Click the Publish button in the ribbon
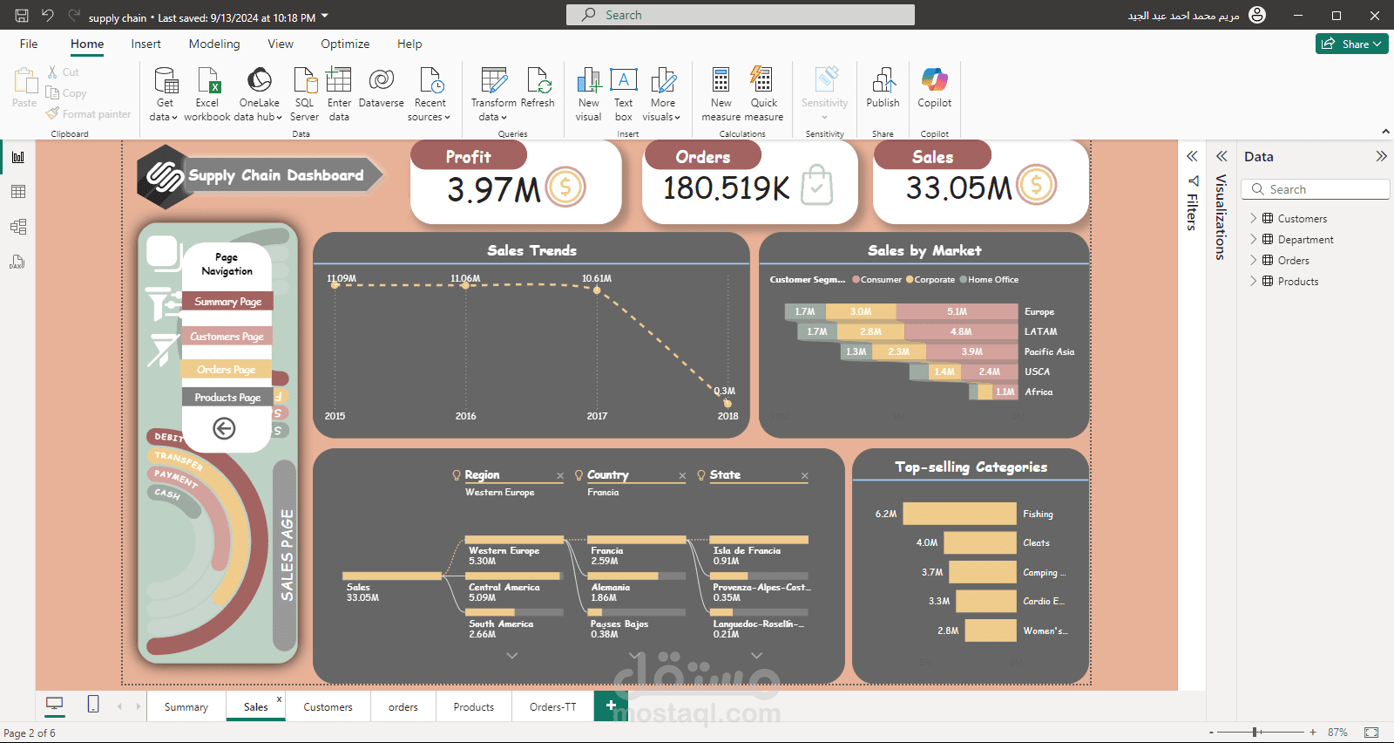(883, 89)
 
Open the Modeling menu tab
(214, 44)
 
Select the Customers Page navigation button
(227, 337)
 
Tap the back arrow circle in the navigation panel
(224, 428)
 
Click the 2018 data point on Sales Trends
(727, 403)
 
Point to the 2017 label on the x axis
(597, 416)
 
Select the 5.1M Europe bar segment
(957, 311)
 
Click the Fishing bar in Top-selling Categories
(959, 514)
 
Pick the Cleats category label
(1036, 543)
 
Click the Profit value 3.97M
(493, 189)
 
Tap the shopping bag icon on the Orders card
(816, 185)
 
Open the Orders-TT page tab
(552, 707)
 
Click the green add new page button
(611, 706)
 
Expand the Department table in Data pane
(1254, 240)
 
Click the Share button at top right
(1351, 44)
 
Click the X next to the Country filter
(682, 476)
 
